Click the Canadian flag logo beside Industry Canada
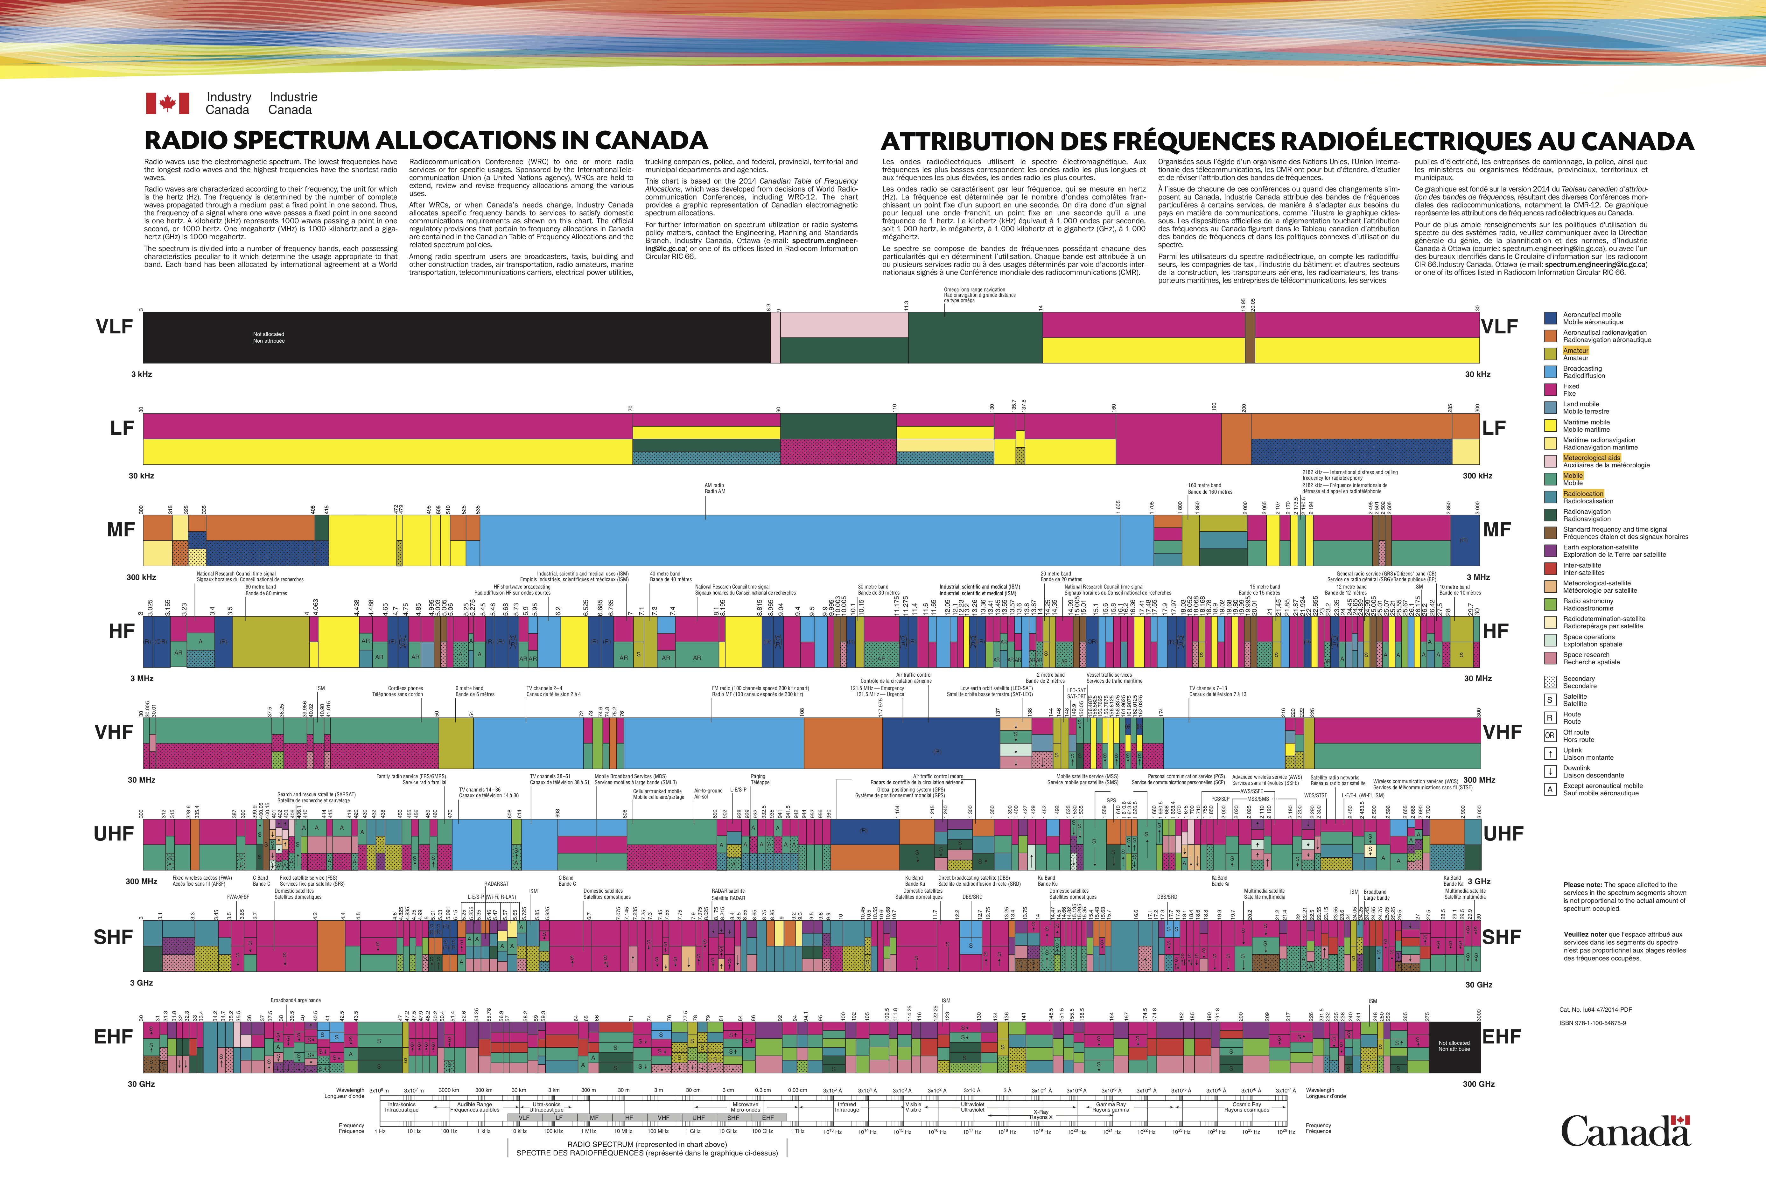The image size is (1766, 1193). (x=167, y=103)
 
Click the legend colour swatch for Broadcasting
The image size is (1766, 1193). (x=1550, y=372)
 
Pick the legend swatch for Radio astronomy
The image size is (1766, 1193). (x=1550, y=604)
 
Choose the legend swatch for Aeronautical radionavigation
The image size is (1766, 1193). (x=1550, y=336)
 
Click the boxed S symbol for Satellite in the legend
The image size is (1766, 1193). (x=1550, y=700)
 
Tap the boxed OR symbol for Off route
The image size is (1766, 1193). (x=1550, y=736)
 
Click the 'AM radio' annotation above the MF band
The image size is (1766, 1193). (x=714, y=488)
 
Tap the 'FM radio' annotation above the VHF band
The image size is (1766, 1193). (x=760, y=691)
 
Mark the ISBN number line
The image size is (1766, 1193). (x=1592, y=1023)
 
